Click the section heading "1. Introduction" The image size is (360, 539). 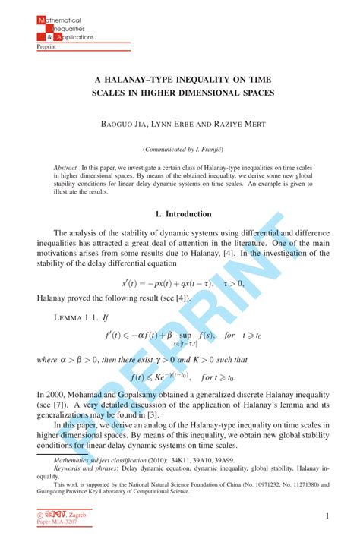click(180, 214)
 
